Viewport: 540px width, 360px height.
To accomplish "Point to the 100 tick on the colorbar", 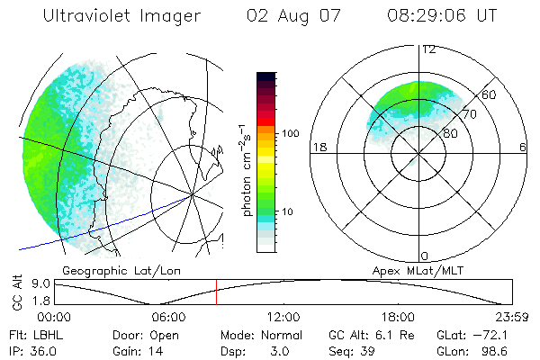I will (x=292, y=133).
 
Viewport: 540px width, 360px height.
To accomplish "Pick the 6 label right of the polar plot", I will (x=523, y=147).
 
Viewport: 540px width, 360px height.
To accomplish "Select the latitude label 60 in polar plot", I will (x=490, y=94).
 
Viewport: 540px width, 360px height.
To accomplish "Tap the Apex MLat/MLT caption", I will (x=416, y=270).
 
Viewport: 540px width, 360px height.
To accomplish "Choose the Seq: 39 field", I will (x=351, y=350).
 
